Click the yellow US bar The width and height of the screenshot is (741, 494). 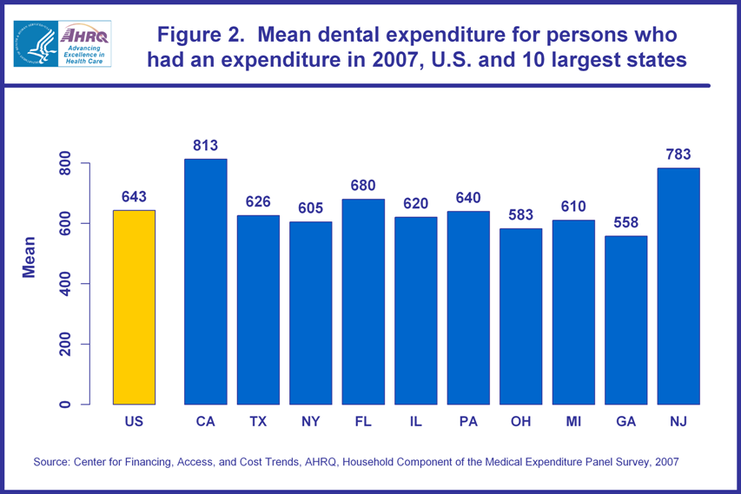(134, 307)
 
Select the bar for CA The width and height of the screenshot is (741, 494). (205, 281)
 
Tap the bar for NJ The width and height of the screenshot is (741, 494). (678, 286)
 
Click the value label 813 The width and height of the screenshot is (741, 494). (205, 145)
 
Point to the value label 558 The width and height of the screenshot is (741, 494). (625, 222)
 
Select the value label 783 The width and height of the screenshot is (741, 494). (678, 155)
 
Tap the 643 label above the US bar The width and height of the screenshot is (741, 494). (134, 197)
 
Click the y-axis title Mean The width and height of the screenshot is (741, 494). (30, 257)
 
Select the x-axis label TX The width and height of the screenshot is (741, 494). (258, 421)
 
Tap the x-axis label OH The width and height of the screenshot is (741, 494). (520, 421)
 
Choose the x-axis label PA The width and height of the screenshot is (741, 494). (468, 421)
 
